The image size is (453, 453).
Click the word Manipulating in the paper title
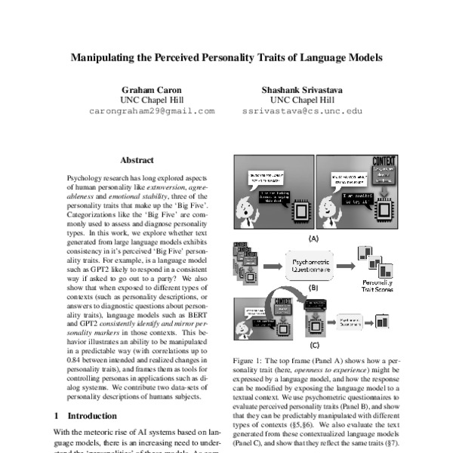point(108,57)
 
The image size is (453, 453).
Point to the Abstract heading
point(137,160)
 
